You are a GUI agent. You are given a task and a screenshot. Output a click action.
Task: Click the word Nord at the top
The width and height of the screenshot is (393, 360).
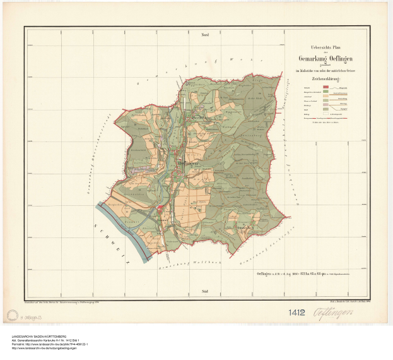(204, 35)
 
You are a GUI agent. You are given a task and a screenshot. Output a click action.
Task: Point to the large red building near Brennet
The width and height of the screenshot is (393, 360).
(160, 210)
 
